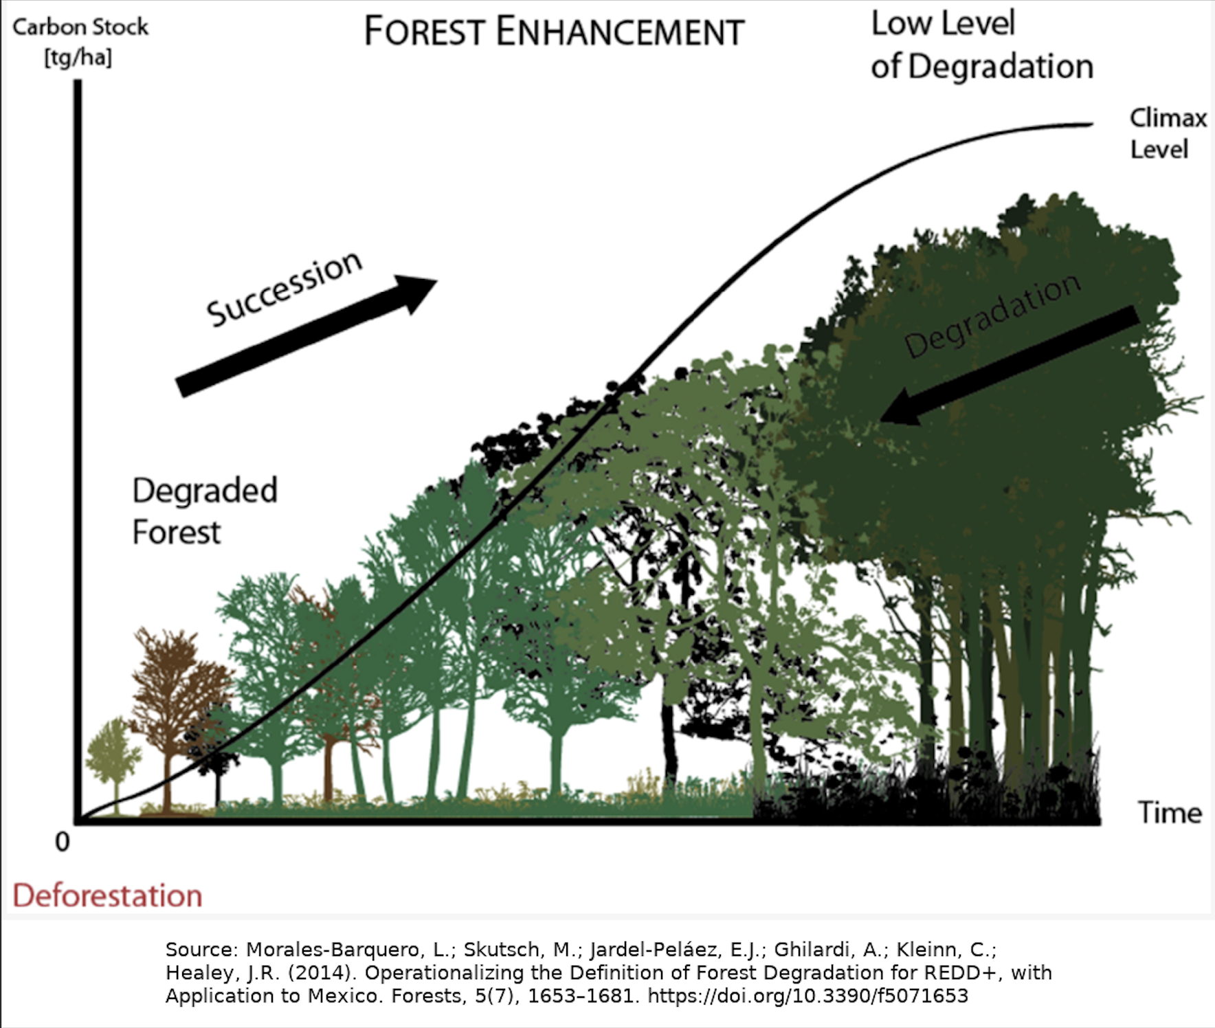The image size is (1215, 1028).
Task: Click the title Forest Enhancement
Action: [554, 32]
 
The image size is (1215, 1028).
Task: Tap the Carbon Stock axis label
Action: [80, 27]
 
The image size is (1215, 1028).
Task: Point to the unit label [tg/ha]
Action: [78, 58]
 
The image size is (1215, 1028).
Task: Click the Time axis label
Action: [1170, 813]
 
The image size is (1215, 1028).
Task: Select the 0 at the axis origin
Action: [63, 842]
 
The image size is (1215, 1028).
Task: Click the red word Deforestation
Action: [107, 896]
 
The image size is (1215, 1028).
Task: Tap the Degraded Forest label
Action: [204, 511]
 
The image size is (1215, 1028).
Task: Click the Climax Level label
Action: [1168, 133]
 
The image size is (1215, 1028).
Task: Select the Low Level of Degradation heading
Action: [981, 45]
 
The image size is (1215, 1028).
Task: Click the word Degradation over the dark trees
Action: [992, 315]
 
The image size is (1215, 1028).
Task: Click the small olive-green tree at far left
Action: [111, 752]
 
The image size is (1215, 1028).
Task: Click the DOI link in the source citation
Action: [807, 996]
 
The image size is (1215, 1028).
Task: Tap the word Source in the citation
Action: [201, 950]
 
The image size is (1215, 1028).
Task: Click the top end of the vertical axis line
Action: [78, 82]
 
